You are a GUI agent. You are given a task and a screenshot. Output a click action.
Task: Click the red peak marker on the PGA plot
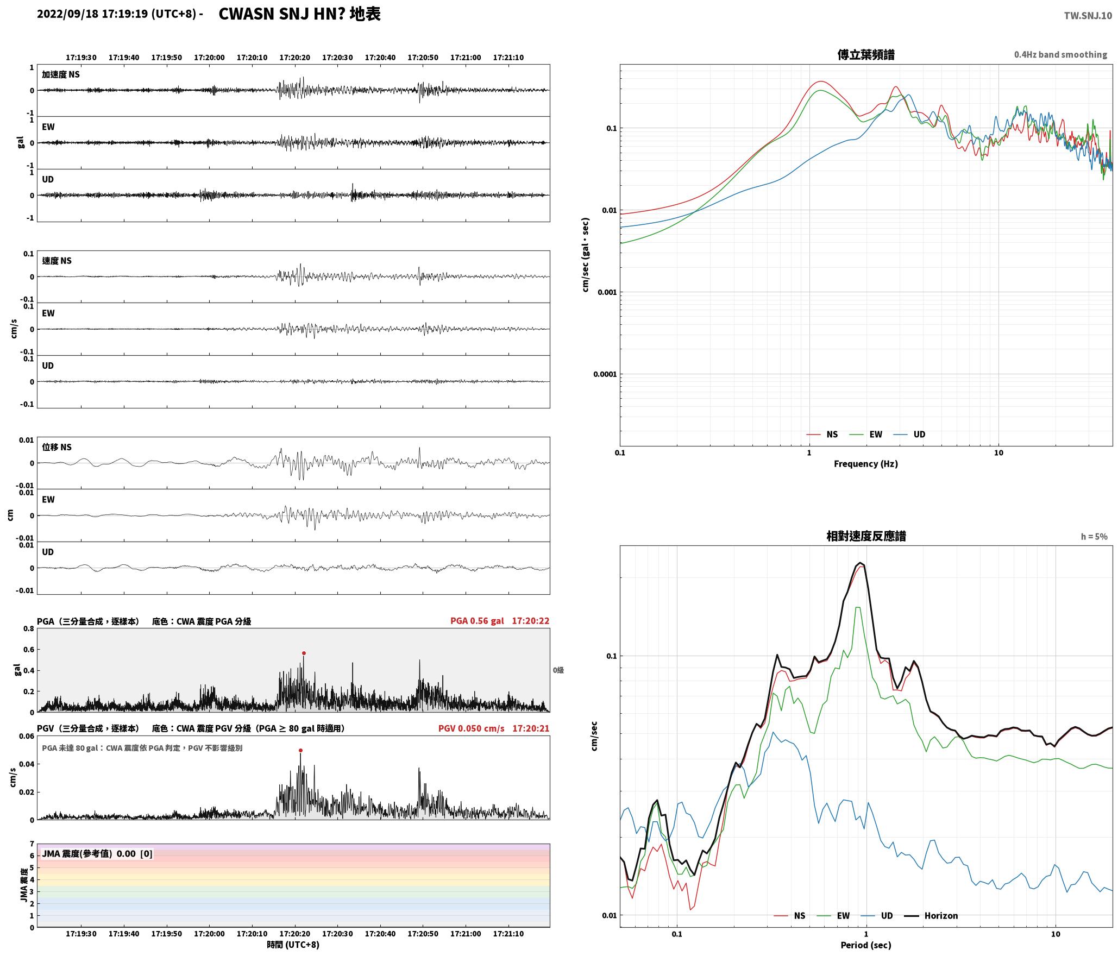click(x=304, y=653)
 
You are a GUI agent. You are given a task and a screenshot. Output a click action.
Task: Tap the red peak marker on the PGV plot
click(x=300, y=751)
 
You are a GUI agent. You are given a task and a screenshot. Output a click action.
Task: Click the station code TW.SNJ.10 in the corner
click(x=1088, y=16)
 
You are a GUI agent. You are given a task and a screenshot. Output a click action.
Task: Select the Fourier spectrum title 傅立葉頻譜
click(x=866, y=55)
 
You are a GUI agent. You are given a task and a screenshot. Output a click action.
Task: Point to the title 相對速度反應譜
click(x=866, y=536)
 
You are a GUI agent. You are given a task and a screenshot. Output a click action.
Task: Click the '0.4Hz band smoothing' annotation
click(x=1060, y=55)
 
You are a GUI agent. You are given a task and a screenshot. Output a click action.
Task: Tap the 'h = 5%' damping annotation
click(x=1094, y=537)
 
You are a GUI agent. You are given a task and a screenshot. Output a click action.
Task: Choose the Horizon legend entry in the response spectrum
click(x=931, y=915)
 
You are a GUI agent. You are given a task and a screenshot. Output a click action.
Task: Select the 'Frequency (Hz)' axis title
click(x=866, y=464)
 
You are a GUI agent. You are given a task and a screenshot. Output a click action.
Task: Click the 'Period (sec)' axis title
click(x=866, y=945)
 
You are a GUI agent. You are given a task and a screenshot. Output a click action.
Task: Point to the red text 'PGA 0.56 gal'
click(x=477, y=621)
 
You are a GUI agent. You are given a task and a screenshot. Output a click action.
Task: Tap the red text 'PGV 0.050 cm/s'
click(x=471, y=728)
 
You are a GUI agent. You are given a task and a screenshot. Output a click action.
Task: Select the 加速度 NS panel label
click(x=61, y=74)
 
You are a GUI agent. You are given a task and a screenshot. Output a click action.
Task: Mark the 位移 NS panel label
click(x=56, y=447)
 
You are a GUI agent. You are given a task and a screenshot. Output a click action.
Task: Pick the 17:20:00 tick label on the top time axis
click(x=209, y=58)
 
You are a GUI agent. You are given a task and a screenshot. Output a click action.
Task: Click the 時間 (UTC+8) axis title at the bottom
click(x=293, y=945)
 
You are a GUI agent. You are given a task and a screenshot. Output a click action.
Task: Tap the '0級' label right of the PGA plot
click(x=558, y=670)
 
